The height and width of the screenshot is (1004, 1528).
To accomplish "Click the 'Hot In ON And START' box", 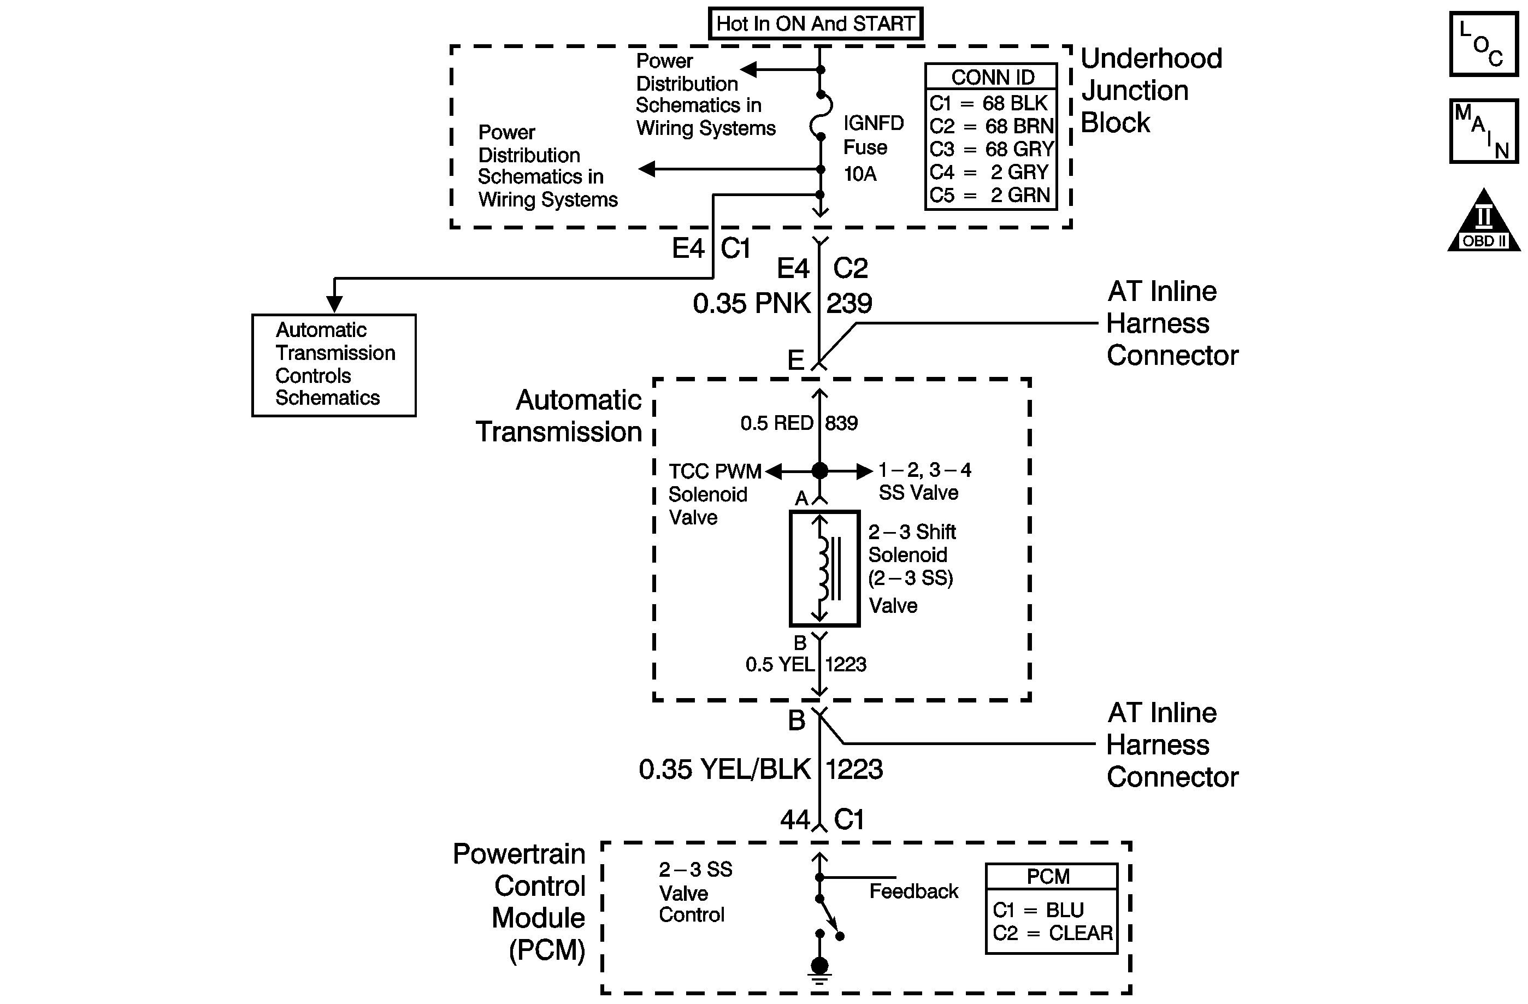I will (x=816, y=23).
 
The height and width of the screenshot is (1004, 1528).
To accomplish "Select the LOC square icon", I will (x=1483, y=44).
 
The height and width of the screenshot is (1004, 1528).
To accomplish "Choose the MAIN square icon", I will (x=1483, y=131).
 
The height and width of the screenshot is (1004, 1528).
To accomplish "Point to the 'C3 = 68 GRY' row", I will (x=992, y=149).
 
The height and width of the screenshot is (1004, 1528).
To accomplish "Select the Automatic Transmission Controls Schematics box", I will (x=334, y=365).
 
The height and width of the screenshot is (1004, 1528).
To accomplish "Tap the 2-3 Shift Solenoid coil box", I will (x=824, y=568).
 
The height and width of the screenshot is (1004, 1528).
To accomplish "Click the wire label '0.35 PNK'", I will (x=751, y=304).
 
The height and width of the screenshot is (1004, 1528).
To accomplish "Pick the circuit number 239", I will (x=849, y=304).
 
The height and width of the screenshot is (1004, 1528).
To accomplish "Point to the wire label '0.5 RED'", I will (x=777, y=423).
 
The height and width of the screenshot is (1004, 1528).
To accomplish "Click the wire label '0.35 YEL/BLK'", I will (x=724, y=769).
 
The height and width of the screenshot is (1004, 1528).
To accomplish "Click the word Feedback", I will (x=913, y=891).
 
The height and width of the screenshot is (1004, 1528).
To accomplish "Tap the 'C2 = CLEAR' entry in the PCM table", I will (x=1052, y=933).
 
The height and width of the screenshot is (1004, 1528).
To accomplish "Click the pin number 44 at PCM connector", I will (x=795, y=820).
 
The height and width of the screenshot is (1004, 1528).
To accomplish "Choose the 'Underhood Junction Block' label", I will (x=1151, y=90).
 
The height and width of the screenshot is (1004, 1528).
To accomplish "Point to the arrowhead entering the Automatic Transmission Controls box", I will (x=334, y=303).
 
